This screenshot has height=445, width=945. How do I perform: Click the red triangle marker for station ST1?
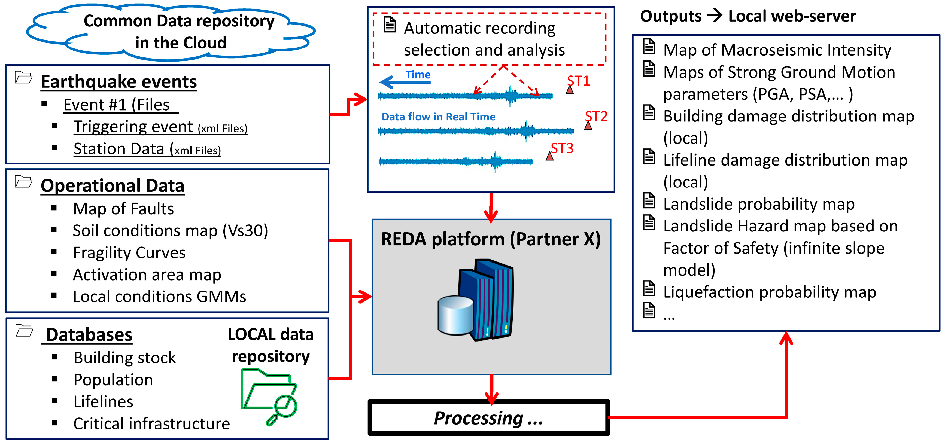(569, 90)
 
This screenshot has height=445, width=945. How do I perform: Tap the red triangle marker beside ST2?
(588, 126)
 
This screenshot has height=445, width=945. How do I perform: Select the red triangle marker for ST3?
(549, 157)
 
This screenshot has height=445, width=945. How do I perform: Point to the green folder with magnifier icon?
(269, 396)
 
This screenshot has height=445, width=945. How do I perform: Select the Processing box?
(489, 418)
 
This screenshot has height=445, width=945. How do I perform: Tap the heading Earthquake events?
(118, 81)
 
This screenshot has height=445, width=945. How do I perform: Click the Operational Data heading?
(112, 186)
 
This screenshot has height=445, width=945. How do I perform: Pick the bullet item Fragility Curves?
(129, 253)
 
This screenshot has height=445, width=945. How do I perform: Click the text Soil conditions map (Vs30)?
(170, 231)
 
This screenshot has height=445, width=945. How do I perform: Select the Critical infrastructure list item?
(151, 424)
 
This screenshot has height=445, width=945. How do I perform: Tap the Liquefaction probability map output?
(770, 292)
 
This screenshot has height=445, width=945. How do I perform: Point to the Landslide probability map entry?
(759, 204)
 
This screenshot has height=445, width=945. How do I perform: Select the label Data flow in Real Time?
(438, 117)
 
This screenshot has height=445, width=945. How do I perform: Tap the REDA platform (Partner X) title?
(490, 239)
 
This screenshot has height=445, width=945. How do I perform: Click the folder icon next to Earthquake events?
(23, 77)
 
